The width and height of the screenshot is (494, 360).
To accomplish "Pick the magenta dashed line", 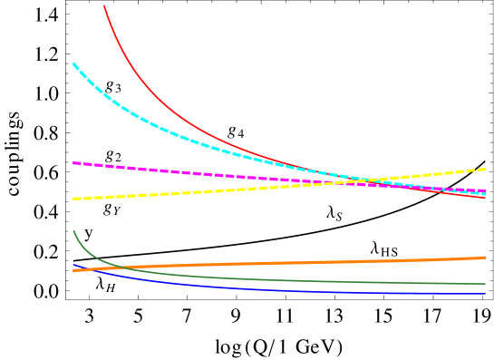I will (x=181, y=171).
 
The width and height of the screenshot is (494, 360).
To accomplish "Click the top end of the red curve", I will (x=104, y=5).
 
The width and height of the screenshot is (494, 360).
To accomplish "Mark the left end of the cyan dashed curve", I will (x=73, y=63).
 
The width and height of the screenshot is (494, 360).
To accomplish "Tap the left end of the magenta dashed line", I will (x=73, y=163).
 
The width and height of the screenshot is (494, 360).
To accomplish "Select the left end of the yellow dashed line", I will (x=73, y=199).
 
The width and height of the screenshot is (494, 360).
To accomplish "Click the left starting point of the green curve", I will (x=73, y=231).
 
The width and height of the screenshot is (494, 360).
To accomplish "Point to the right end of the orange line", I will (x=486, y=258).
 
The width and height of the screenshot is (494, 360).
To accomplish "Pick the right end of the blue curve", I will (x=486, y=294).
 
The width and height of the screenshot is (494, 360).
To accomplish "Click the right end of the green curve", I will (x=486, y=284).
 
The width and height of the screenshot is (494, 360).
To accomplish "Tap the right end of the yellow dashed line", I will (x=486, y=170).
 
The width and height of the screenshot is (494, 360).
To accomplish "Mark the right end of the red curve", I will (x=486, y=198).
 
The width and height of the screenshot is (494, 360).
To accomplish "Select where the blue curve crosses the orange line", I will (x=83, y=269).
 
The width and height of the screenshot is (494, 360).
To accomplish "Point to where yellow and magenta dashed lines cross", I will (x=347, y=183).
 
